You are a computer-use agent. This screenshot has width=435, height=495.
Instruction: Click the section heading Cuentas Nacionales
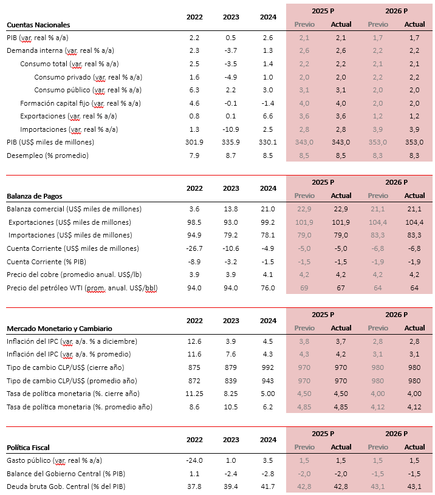pyautogui.click(x=38, y=25)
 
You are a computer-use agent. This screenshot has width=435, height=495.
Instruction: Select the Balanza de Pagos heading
pyautogui.click(x=35, y=196)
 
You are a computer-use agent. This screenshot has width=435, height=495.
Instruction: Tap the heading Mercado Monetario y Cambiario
pyautogui.click(x=60, y=329)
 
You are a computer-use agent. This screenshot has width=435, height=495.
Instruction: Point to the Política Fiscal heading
pyautogui.click(x=28, y=448)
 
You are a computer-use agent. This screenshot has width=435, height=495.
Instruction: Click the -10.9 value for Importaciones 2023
pyautogui.click(x=231, y=129)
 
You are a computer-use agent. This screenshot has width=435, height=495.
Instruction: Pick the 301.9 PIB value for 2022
pyautogui.click(x=194, y=142)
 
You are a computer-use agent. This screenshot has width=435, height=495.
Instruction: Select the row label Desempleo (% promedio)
pyautogui.click(x=47, y=155)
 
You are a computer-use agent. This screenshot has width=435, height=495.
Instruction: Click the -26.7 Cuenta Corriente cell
pyautogui.click(x=194, y=248)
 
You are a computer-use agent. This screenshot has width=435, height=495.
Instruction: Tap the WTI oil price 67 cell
pyautogui.click(x=341, y=288)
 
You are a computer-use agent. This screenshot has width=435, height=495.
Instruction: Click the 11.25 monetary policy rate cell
pyautogui.click(x=194, y=394)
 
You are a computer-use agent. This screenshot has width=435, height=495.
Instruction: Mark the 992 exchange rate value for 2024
pyautogui.click(x=268, y=367)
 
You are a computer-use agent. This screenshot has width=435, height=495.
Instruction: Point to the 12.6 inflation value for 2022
pyautogui.click(x=194, y=341)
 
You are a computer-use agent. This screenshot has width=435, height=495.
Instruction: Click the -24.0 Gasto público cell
pyautogui.click(x=194, y=460)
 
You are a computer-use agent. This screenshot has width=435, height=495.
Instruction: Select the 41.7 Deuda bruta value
pyautogui.click(x=268, y=486)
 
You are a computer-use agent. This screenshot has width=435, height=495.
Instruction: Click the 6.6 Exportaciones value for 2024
pyautogui.click(x=268, y=116)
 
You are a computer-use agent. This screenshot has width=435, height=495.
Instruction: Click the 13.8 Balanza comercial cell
pyautogui.click(x=231, y=209)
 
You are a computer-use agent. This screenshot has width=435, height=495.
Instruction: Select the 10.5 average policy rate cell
pyautogui.click(x=231, y=407)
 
